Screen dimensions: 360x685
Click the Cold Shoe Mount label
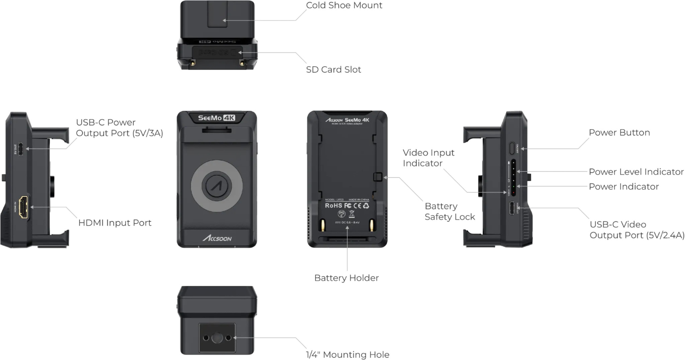pyautogui.click(x=344, y=5)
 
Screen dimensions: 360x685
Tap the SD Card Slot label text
pyautogui.click(x=333, y=70)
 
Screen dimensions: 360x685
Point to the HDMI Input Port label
pyautogui.click(x=115, y=223)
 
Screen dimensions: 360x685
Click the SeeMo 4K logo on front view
pyautogui.click(x=216, y=118)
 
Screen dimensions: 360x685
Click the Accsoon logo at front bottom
pyautogui.click(x=217, y=238)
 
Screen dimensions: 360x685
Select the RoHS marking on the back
pyautogui.click(x=333, y=206)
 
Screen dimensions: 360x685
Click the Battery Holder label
pyautogui.click(x=346, y=278)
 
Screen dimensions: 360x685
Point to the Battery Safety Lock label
pyautogui.click(x=450, y=212)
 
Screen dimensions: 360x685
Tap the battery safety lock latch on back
pyautogui.click(x=377, y=177)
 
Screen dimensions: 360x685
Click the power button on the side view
pyautogui.click(x=512, y=148)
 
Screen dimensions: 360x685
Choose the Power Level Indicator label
pyautogui.click(x=636, y=172)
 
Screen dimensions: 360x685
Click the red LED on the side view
pyautogui.click(x=513, y=193)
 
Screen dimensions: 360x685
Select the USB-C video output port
pyautogui.click(x=512, y=208)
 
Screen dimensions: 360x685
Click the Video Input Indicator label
pyautogui.click(x=428, y=158)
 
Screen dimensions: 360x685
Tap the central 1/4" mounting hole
pyautogui.click(x=217, y=338)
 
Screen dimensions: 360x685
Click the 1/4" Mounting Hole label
pyautogui.click(x=347, y=355)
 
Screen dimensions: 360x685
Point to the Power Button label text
pyautogui.click(x=619, y=132)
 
